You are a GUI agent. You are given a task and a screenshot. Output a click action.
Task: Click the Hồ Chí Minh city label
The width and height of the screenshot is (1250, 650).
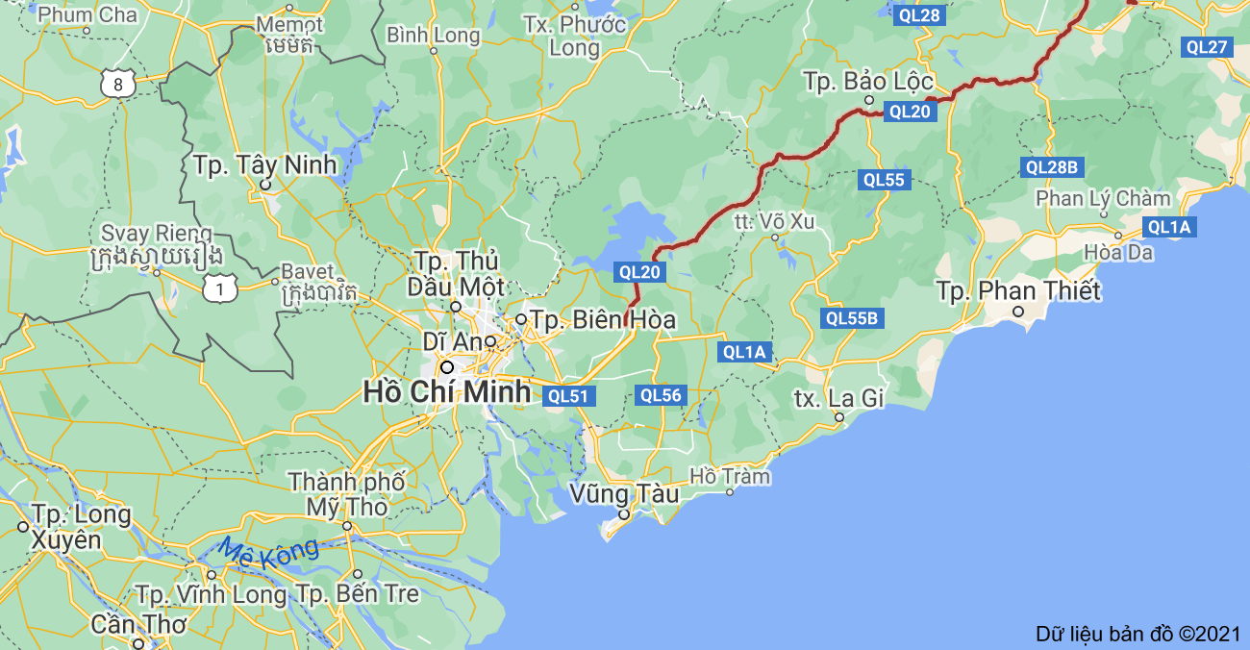[x=446, y=391]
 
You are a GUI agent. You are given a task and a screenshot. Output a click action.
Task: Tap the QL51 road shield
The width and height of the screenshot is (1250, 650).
[x=570, y=395]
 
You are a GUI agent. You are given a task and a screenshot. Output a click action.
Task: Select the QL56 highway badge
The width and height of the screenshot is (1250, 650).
[x=661, y=394]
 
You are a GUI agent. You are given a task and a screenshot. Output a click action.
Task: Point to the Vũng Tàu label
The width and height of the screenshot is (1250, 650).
[x=624, y=494]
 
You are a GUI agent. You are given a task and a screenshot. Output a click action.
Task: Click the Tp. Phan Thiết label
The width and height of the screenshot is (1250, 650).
[x=1018, y=290]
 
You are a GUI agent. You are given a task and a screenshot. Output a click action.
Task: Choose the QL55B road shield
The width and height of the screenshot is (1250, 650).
[x=852, y=318]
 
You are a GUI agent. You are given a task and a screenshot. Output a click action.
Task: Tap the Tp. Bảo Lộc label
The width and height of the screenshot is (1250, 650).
[x=868, y=82]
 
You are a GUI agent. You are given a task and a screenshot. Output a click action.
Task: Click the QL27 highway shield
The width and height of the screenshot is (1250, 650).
[x=1207, y=47]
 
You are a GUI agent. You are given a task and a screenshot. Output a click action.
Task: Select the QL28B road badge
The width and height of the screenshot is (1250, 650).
[x=1052, y=167]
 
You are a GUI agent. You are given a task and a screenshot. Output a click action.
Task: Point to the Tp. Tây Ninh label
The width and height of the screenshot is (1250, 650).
[x=264, y=164]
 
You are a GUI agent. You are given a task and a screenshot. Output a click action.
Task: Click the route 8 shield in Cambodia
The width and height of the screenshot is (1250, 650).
[x=117, y=85]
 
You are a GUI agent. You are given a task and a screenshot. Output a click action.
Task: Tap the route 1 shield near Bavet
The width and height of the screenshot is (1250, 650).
[x=220, y=287]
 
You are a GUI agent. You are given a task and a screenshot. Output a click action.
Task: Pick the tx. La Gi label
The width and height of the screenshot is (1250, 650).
[x=838, y=397]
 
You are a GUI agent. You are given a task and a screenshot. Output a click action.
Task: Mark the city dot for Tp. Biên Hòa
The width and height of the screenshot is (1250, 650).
[x=520, y=318]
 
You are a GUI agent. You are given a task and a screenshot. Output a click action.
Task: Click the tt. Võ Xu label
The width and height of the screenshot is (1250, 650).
[x=774, y=222]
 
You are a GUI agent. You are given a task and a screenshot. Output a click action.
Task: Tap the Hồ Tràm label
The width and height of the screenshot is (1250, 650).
[x=731, y=476]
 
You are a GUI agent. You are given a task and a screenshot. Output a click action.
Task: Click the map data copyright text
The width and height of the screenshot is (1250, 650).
[x=1138, y=634]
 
